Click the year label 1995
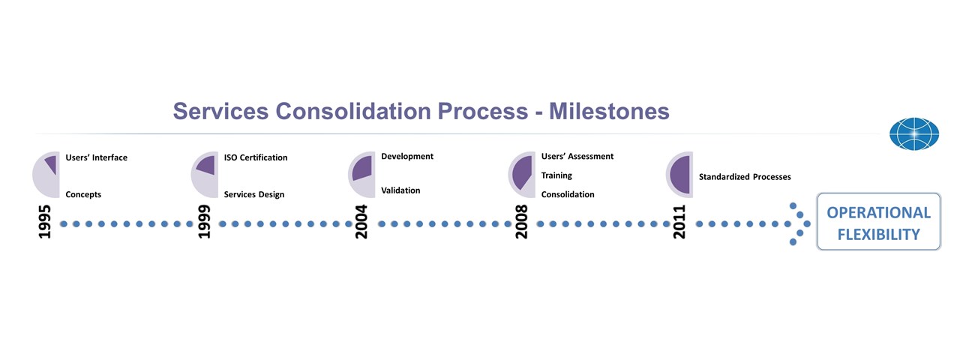44,221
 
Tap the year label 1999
204,221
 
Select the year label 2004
361,221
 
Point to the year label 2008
521,221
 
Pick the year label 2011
679,221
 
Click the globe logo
914,133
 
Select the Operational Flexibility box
878,221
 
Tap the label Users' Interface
97,157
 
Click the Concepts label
83,194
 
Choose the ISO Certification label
256,157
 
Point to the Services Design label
253,194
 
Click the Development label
407,157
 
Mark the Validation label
400,190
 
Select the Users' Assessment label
577,157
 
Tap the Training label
556,175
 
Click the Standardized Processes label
745,176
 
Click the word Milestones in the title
609,112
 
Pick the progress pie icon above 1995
46,175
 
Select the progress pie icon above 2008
522,175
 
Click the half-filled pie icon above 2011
679,175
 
